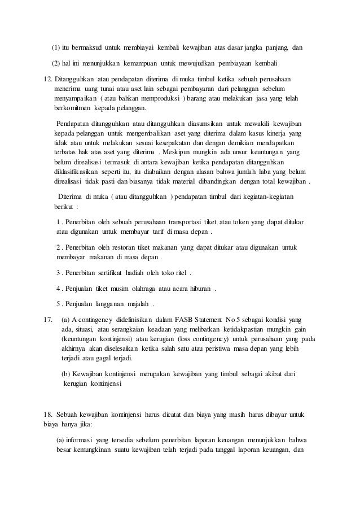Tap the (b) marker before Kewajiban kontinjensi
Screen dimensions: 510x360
click(x=65, y=374)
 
